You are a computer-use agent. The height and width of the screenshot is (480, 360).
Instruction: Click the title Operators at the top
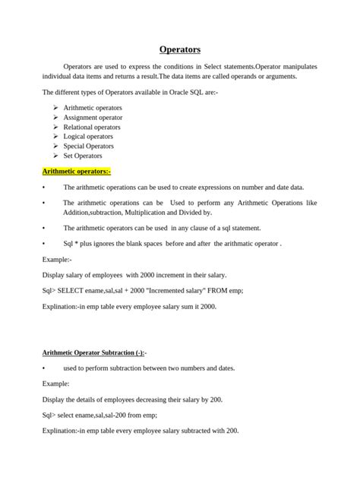180,49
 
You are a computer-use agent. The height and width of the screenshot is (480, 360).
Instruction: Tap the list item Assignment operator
92,118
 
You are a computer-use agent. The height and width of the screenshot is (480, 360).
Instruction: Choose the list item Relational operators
92,127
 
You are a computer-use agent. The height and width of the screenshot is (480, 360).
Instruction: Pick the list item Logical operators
88,137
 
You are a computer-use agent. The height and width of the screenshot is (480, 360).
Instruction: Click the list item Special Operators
88,146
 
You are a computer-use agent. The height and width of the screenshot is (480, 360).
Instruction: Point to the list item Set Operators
83,156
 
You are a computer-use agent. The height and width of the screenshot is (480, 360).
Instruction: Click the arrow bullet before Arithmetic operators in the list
56,108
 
